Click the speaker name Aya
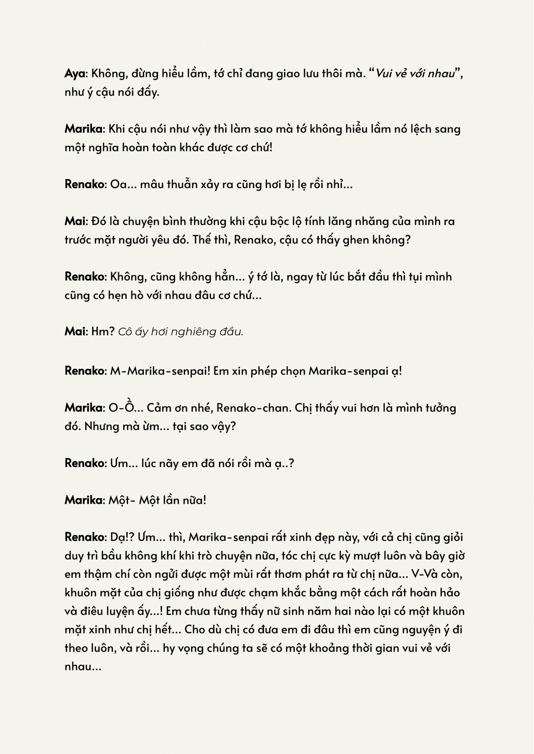[75, 74]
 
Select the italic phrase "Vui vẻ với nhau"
[415, 74]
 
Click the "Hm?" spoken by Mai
[103, 331]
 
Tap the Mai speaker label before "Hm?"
[75, 331]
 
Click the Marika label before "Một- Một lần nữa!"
[84, 500]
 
